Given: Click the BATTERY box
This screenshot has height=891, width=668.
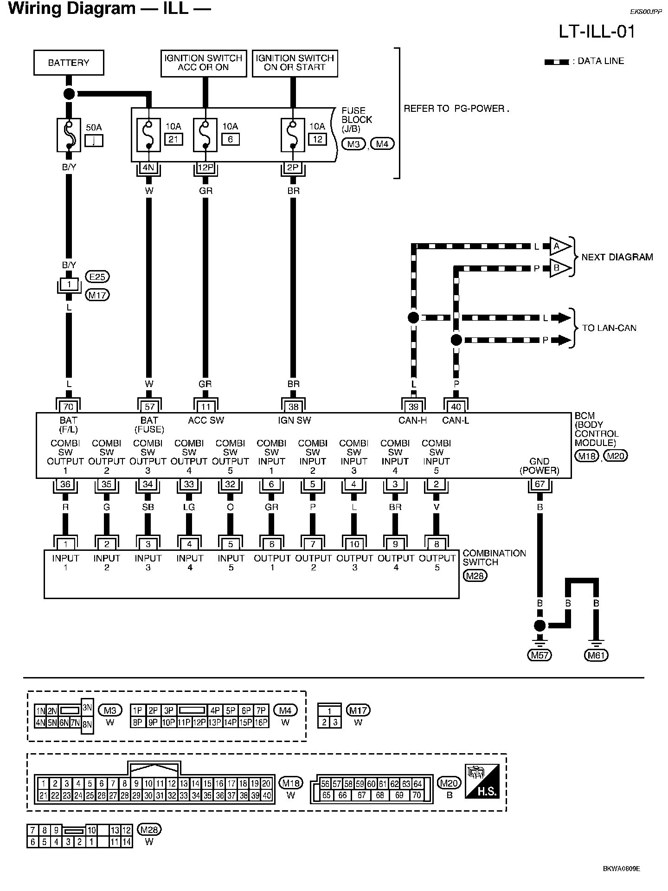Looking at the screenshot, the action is [x=69, y=63].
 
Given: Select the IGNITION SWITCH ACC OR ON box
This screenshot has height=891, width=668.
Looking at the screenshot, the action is [x=203, y=63].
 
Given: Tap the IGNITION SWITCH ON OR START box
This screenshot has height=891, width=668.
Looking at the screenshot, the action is [x=295, y=63].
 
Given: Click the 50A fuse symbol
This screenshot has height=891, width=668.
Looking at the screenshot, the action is [x=69, y=135].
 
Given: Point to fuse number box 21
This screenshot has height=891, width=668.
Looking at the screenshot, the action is [x=173, y=139].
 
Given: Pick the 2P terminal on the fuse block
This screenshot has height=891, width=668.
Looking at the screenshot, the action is [x=293, y=168].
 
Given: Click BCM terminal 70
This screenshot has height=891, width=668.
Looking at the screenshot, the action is [x=68, y=407].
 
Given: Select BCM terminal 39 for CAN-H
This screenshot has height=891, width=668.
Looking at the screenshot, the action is [x=413, y=407].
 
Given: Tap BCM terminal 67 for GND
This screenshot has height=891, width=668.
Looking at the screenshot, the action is [x=540, y=484].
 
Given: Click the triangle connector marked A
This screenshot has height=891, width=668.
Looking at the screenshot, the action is [x=560, y=246].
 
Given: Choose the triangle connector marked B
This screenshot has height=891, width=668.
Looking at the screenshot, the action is [x=560, y=268].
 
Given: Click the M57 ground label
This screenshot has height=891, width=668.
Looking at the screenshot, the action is [x=539, y=655].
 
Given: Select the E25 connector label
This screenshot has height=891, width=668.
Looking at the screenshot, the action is [x=97, y=277].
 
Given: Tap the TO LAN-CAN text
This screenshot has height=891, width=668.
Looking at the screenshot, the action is [x=609, y=328].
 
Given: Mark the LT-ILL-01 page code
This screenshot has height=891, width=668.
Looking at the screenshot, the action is [x=597, y=31].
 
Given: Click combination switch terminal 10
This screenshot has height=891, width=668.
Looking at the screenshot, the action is [x=354, y=544].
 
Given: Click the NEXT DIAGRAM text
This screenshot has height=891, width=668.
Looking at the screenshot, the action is [x=617, y=257].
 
